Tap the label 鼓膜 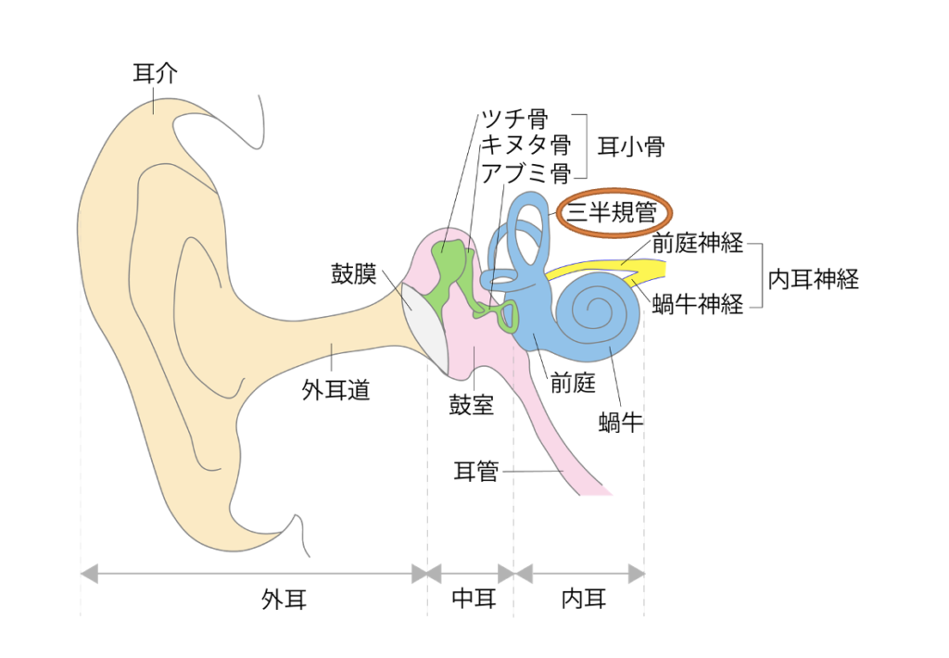(x=353, y=273)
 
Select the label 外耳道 (x=335, y=390)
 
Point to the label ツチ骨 (x=513, y=119)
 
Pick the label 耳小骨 (x=630, y=146)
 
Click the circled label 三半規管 (x=613, y=214)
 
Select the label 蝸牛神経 (x=698, y=303)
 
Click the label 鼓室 (x=472, y=405)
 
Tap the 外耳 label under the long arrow (x=284, y=601)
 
